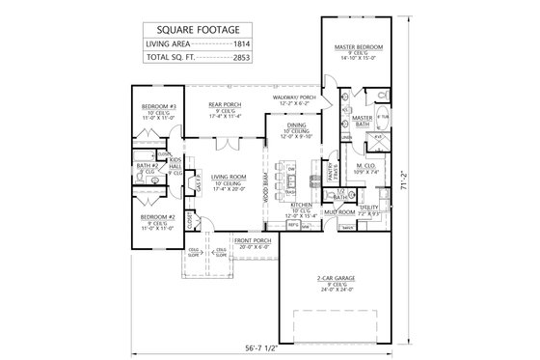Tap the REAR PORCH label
[224, 103]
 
